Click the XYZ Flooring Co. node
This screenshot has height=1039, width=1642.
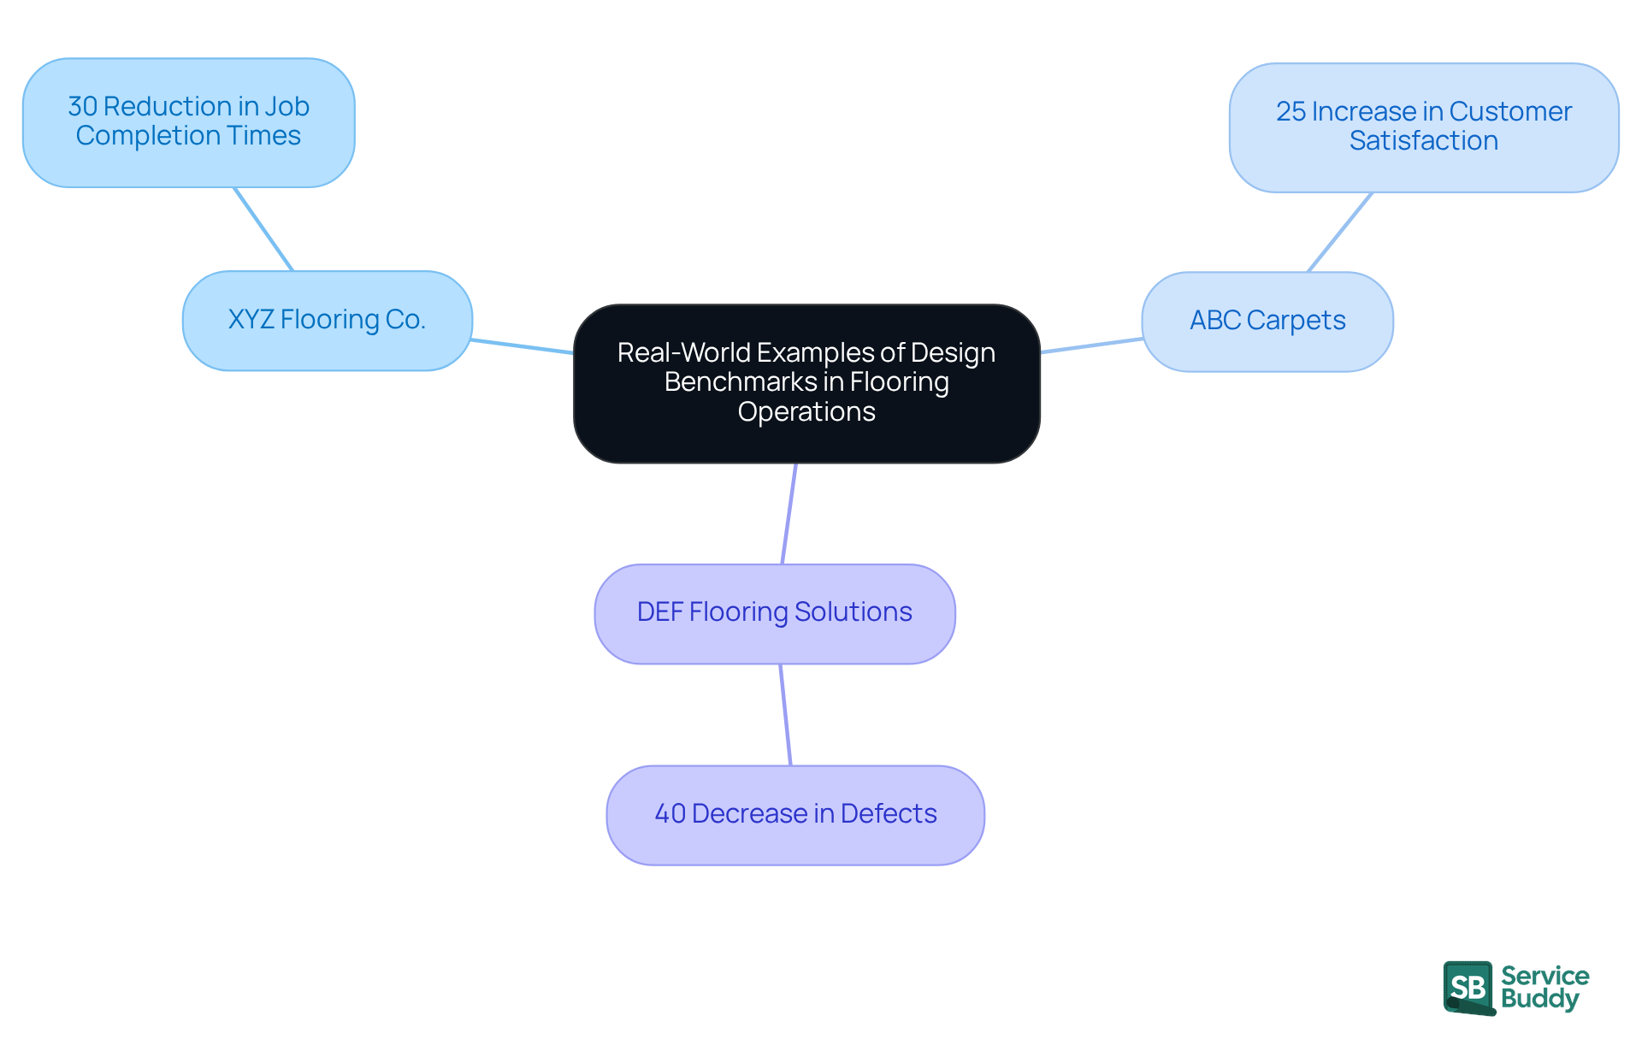point(327,321)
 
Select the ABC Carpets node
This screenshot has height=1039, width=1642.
point(1267,322)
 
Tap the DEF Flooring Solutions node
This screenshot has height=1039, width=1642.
point(774,613)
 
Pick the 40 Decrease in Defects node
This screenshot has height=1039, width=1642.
point(794,814)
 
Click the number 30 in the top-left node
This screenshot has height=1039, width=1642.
point(83,107)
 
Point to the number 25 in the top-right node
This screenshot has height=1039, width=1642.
point(1291,112)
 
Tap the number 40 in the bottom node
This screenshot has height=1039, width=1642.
point(670,813)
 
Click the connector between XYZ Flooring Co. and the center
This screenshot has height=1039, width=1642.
point(522,346)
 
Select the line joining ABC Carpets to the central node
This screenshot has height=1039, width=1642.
point(1091,345)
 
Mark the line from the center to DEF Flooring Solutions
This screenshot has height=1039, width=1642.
point(789,513)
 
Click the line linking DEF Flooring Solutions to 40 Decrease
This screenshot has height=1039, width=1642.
point(785,714)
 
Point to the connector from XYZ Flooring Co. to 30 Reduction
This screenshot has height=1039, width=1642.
point(263,229)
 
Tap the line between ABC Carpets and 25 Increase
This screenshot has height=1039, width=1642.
point(1340,232)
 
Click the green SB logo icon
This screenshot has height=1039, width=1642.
point(1468,988)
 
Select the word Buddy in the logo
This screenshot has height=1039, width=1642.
point(1539,999)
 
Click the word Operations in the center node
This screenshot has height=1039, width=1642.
point(806,412)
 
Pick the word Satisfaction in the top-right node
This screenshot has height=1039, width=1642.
point(1423,141)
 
